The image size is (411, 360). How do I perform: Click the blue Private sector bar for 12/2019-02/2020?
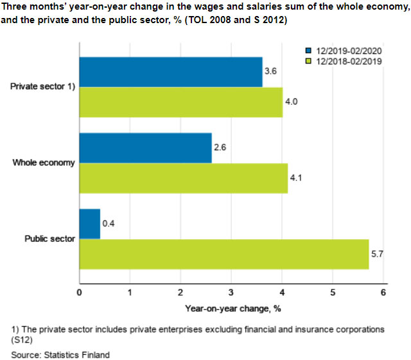[x=170, y=72]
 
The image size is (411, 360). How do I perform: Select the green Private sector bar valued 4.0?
[x=180, y=103]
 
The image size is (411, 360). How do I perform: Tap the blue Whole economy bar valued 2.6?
[x=145, y=148]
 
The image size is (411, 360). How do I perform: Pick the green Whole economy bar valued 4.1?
[x=183, y=178]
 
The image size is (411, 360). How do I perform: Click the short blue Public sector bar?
[x=89, y=223]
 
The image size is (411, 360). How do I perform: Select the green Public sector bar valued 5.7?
[x=223, y=254]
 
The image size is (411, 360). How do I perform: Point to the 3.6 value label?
[x=272, y=72]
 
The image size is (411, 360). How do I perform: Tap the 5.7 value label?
[x=378, y=254]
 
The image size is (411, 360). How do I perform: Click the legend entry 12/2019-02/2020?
[x=345, y=51]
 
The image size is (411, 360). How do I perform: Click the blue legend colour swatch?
[x=308, y=51]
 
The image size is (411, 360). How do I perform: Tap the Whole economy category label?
[x=44, y=163]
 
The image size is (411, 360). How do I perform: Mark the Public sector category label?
[x=49, y=239]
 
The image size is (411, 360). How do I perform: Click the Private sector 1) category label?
[x=43, y=87]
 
